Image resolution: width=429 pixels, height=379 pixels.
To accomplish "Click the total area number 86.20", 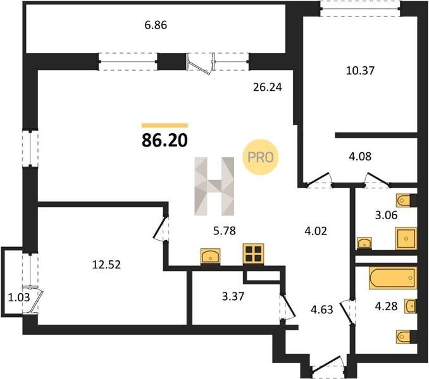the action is click(165, 141).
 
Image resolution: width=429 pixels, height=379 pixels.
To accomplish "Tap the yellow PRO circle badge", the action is click(261, 157).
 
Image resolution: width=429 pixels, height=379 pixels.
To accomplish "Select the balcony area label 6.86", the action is click(156, 25).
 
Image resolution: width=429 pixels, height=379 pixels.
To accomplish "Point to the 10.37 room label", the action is click(360, 71).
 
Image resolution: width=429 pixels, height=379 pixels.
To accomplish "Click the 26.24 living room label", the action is click(268, 87).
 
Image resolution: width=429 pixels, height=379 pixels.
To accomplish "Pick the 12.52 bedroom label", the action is click(106, 265).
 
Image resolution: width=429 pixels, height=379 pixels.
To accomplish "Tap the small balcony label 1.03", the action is click(19, 297).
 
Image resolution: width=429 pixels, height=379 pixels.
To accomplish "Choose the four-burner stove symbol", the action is click(253, 254).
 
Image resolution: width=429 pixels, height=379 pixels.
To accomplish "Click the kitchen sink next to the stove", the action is click(211, 256).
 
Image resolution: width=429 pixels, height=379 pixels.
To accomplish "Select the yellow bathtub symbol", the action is click(393, 278).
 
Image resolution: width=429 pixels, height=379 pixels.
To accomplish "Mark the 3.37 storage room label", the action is click(233, 296).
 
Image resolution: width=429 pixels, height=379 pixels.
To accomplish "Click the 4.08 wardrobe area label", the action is click(360, 157).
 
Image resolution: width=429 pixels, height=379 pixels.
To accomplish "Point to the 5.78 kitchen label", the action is click(225, 231).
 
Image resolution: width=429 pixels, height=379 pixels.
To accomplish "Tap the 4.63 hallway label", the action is click(322, 310).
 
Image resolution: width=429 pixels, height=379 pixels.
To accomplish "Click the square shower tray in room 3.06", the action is click(406, 238).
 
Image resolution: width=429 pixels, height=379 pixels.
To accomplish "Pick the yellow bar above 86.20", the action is click(165, 126).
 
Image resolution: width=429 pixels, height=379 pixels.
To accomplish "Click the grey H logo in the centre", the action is click(214, 186).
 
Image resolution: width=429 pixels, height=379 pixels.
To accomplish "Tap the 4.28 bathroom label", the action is click(386, 306).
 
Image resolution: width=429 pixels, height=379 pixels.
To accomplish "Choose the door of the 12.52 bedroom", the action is click(160, 228).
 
